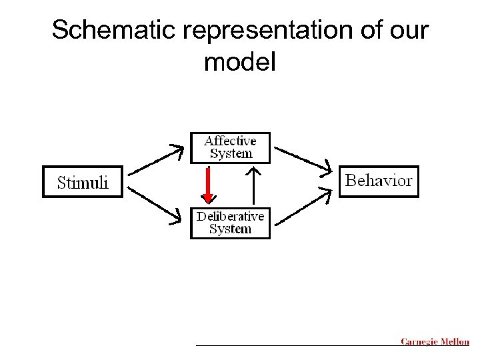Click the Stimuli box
point(83,181)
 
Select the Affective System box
point(230,147)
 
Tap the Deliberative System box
point(230,223)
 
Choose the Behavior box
point(379,181)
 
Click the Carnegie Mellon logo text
point(435,342)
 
